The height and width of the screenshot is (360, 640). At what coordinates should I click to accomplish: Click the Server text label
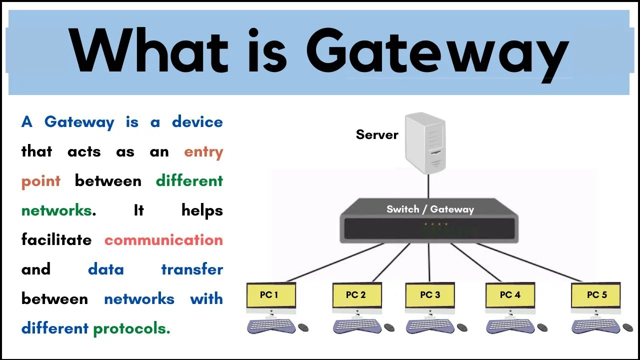coord(377,134)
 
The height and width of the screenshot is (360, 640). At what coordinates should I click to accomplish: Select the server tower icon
coord(425,142)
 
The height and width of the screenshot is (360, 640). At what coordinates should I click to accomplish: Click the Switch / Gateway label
coord(430,209)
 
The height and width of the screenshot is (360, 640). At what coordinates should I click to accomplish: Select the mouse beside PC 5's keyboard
coord(627,327)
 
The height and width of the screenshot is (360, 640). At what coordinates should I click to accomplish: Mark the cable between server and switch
coord(428,186)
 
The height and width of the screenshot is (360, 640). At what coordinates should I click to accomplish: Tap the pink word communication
coord(163,240)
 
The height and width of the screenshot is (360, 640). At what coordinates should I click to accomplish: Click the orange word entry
coord(203,151)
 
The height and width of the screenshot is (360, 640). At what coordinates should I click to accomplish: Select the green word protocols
coord(131,328)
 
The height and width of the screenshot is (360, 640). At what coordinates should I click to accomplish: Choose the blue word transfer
coord(191,269)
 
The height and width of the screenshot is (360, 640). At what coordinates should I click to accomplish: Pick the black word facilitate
coord(56,240)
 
